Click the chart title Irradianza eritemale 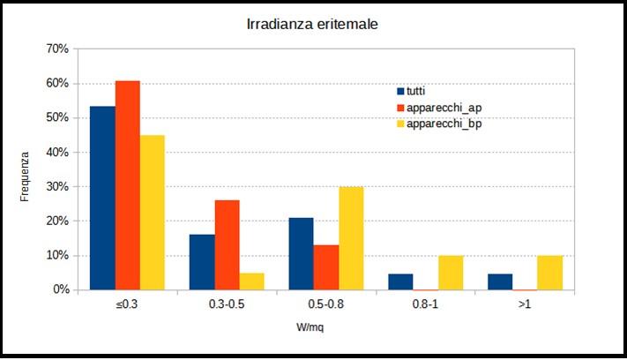312,25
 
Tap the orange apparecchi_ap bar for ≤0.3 127,185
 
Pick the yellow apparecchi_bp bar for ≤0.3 152,212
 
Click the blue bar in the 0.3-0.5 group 202,262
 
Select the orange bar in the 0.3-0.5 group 227,244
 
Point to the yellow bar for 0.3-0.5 251,281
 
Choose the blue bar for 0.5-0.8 301,253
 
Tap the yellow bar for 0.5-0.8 351,238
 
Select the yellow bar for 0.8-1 450,273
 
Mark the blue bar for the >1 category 500,281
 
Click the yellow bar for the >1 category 549,273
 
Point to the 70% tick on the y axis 56,49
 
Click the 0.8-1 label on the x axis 425,304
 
